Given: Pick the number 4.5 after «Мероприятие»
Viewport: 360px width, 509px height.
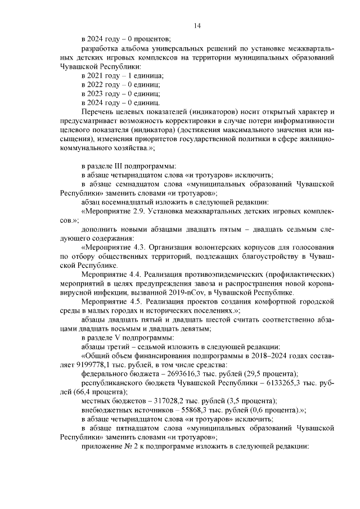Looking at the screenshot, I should click(138, 301).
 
